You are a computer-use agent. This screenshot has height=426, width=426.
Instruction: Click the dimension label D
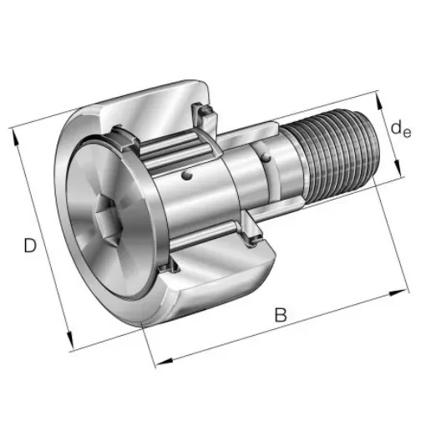(x=30, y=246)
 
